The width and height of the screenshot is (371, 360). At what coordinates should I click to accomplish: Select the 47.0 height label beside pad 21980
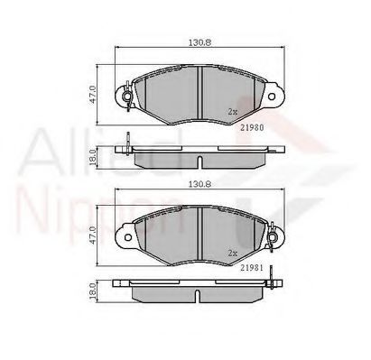[92, 95]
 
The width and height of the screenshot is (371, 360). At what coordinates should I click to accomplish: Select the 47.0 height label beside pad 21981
[92, 235]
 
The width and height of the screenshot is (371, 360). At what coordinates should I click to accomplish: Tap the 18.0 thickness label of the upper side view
[92, 158]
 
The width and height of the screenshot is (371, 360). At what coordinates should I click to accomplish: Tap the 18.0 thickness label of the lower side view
[92, 291]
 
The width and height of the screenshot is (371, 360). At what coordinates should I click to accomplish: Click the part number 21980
[252, 127]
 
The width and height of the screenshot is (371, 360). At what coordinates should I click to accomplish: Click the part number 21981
[252, 268]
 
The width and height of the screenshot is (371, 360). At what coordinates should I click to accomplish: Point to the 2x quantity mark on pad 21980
[233, 112]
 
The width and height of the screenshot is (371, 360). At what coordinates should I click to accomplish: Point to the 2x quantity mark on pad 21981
[233, 254]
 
